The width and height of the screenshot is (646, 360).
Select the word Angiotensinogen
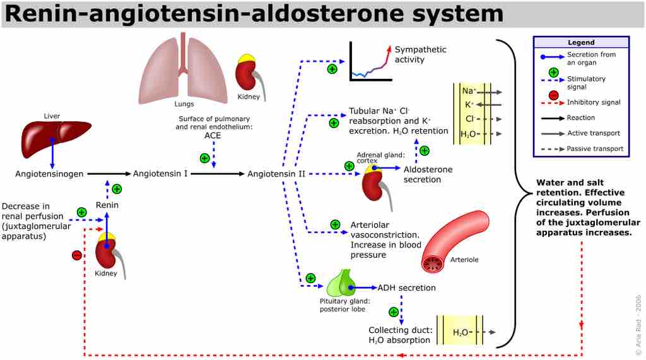click(49, 173)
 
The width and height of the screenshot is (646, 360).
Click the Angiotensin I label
click(160, 173)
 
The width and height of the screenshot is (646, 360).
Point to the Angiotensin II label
click(276, 173)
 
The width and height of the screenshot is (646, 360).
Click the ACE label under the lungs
click(213, 135)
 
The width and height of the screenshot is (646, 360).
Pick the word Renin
click(107, 205)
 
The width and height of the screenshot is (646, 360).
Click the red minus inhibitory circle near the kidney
click(76, 255)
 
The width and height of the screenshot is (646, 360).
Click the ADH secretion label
click(406, 288)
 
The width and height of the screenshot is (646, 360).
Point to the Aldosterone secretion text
click(428, 175)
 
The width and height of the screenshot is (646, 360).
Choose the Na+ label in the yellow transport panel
click(469, 91)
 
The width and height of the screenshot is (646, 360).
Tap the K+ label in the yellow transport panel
click(469, 105)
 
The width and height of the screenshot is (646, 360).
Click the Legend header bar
click(580, 42)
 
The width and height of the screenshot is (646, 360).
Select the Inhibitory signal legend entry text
click(593, 102)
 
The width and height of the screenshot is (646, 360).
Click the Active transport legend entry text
click(593, 133)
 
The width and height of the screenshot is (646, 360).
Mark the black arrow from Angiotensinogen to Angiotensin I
click(108, 173)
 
